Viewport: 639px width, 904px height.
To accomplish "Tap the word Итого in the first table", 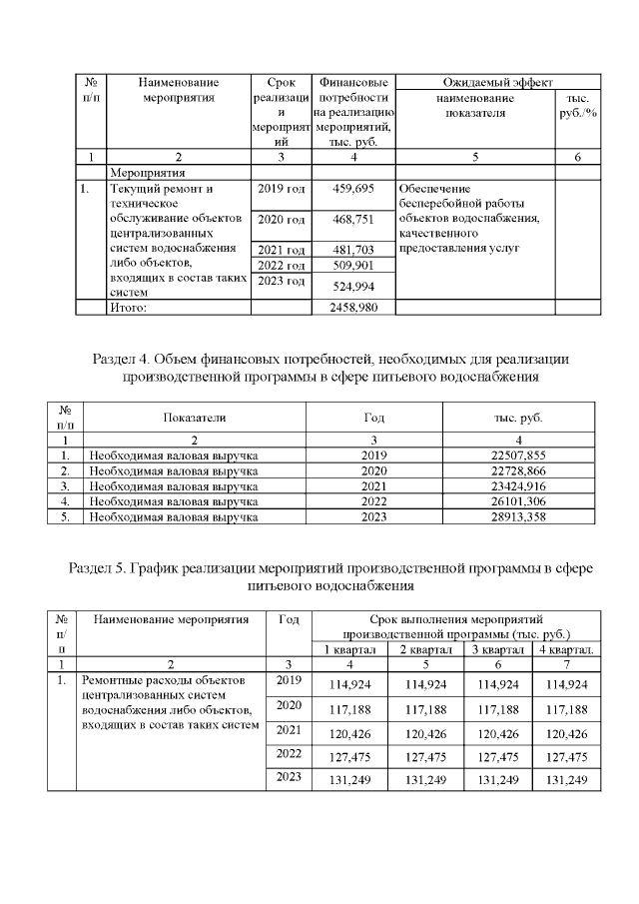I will click(x=128, y=307).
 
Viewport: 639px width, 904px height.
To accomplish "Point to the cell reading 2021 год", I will click(x=281, y=250).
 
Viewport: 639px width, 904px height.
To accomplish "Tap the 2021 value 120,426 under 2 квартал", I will click(x=426, y=733).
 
